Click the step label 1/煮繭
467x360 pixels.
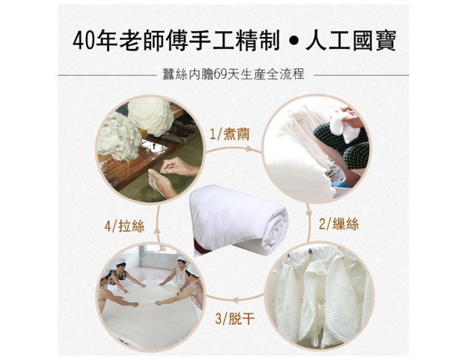click(x=229, y=135)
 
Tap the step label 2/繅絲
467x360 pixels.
click(x=339, y=224)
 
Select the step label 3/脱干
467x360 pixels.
click(x=235, y=319)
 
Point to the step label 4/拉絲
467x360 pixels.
click(x=125, y=226)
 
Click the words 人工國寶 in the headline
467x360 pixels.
click(x=351, y=41)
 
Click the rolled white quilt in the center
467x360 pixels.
click(x=238, y=219)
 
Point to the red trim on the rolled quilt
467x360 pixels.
click(x=199, y=247)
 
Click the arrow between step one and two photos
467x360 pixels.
click(x=233, y=149)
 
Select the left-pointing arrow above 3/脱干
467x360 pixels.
click(x=235, y=299)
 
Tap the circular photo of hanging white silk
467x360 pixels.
click(x=319, y=296)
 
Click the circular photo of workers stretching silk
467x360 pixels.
click(x=150, y=296)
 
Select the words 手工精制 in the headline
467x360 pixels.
click(x=234, y=41)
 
